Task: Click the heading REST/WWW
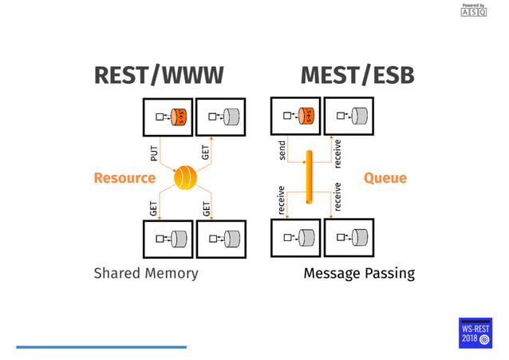coord(159,76)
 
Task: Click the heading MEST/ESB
coord(357,76)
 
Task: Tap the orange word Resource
coord(124,177)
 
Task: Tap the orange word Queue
coord(385,177)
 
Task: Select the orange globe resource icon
coord(186,177)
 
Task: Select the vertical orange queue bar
coord(306,176)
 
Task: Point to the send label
coord(282,151)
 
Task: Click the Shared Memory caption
coord(146,274)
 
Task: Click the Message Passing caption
coord(359,274)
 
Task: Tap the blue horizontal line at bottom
coord(101,346)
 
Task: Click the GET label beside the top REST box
coord(206,152)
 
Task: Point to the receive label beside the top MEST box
coord(337,152)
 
